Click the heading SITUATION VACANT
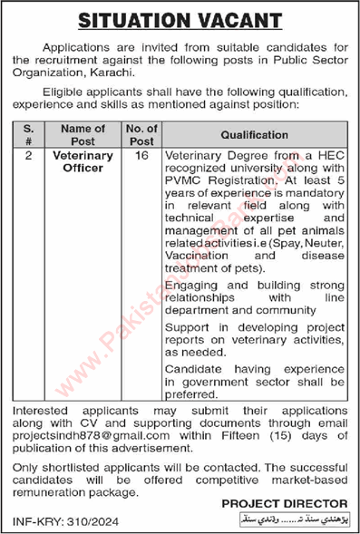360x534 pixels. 180,17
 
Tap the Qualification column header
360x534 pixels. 254,133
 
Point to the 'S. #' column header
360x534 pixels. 30,133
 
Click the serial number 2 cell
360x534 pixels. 30,156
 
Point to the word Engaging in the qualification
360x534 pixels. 193,284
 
